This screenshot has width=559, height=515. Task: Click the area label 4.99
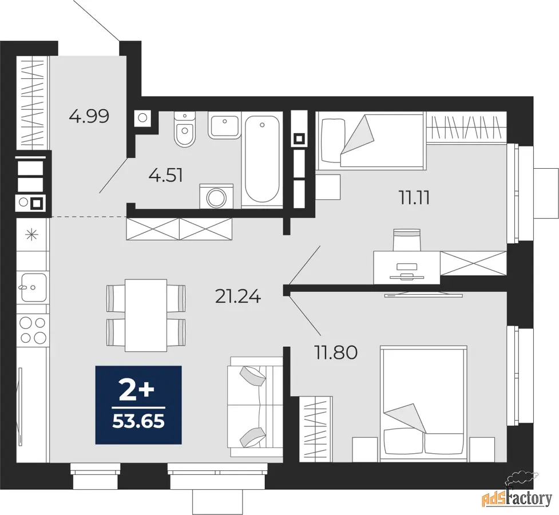click(x=89, y=116)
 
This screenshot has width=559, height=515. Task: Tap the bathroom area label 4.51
click(x=166, y=176)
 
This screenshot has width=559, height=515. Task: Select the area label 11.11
click(x=414, y=198)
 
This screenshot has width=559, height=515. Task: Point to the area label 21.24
click(x=238, y=296)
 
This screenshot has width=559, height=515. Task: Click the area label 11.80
click(x=335, y=352)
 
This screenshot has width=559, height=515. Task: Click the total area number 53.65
click(x=138, y=422)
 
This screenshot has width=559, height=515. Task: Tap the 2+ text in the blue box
click(x=137, y=391)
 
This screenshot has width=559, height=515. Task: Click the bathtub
click(x=262, y=159)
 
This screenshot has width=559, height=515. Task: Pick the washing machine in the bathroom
click(x=216, y=196)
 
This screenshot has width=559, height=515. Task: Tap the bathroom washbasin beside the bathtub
click(x=225, y=126)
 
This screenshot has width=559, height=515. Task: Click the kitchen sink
click(x=33, y=287)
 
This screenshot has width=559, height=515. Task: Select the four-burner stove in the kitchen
click(x=33, y=330)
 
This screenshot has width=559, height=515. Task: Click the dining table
click(x=146, y=315)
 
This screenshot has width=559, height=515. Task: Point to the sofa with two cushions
click(x=255, y=406)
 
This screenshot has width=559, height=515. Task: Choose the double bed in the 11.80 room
click(x=423, y=403)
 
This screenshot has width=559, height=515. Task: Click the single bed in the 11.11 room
click(x=370, y=141)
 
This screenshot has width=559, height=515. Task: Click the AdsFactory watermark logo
click(x=517, y=494)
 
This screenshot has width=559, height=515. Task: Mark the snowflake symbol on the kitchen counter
click(x=31, y=235)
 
